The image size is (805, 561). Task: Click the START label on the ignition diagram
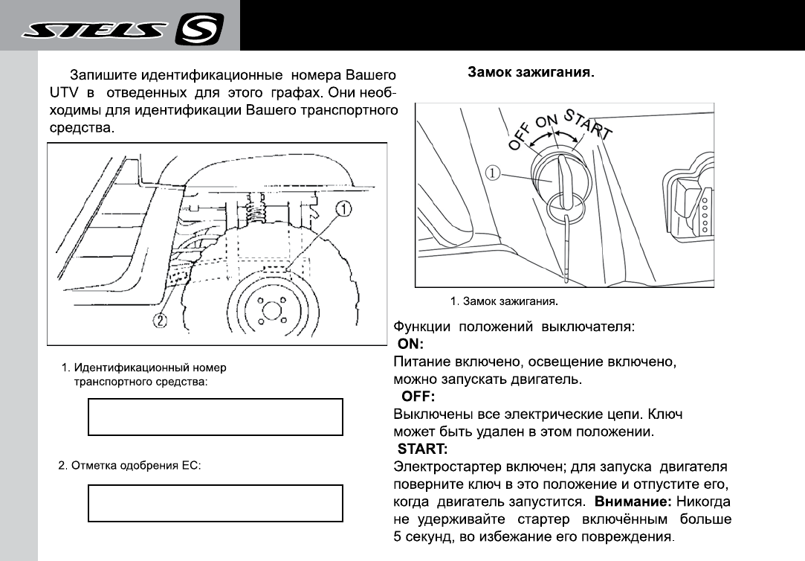[588, 124]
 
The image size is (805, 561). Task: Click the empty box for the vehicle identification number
[216, 417]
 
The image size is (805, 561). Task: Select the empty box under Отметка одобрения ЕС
[216, 504]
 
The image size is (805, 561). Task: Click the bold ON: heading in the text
[410, 344]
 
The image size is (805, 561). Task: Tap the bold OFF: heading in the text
[418, 396]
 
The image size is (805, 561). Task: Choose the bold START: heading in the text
[422, 449]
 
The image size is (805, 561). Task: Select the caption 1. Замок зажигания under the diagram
[503, 302]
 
